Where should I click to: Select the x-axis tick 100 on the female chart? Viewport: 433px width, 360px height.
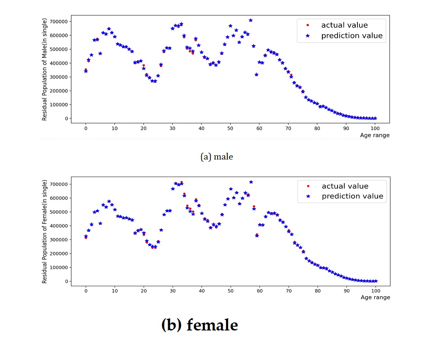click(x=376, y=291)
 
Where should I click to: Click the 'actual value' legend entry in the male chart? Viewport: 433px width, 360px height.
click(x=344, y=25)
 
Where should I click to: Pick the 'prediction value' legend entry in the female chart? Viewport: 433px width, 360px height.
click(x=352, y=196)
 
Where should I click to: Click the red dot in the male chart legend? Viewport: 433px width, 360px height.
click(x=308, y=25)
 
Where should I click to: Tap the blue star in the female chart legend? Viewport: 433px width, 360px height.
click(x=308, y=196)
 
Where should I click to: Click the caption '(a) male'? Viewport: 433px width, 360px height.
click(x=217, y=157)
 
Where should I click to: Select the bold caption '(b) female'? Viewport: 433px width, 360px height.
click(x=200, y=325)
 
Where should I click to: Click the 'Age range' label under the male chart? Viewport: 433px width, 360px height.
click(x=375, y=135)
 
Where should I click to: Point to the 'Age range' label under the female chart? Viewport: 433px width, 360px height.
click(x=375, y=298)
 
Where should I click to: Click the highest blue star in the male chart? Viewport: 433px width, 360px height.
click(x=251, y=20)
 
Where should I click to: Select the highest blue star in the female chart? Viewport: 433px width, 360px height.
click(x=251, y=182)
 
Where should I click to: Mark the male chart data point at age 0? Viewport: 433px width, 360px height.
click(x=86, y=71)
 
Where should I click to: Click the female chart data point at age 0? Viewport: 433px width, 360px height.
click(x=86, y=236)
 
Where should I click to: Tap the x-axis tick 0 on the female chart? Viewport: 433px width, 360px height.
click(x=86, y=291)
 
